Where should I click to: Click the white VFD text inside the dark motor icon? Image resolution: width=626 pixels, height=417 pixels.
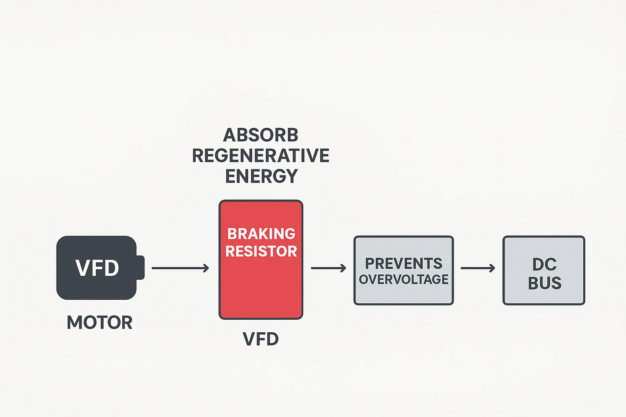[97, 268]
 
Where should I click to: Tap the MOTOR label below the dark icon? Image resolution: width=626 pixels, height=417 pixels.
[99, 323]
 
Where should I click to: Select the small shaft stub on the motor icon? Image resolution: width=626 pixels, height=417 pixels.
[140, 268]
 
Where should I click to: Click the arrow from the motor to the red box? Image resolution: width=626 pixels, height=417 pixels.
[179, 268]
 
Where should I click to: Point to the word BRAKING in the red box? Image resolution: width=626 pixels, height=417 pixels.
[261, 234]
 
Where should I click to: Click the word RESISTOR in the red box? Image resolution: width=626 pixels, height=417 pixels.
[261, 251]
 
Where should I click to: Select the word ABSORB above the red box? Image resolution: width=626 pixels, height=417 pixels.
[261, 135]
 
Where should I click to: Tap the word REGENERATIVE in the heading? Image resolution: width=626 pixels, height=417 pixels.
[261, 156]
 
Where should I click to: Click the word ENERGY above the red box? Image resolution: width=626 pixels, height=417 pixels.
[261, 176]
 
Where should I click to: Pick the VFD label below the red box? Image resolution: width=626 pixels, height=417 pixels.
[261, 339]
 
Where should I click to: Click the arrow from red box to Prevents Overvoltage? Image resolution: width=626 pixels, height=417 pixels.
[327, 268]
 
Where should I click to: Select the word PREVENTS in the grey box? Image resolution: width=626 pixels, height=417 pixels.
[403, 263]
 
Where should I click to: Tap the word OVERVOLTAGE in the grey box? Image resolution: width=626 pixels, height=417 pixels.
[403, 279]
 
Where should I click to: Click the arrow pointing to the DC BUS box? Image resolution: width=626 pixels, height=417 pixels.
[477, 268]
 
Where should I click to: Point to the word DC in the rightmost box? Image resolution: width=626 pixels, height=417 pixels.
[544, 265]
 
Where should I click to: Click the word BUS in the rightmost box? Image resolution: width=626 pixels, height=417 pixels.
[544, 283]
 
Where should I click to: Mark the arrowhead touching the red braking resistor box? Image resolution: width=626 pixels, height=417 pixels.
[207, 268]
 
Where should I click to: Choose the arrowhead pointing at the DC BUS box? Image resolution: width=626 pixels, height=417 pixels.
[493, 268]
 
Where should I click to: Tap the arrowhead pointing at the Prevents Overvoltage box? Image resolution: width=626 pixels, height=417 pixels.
[344, 268]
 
